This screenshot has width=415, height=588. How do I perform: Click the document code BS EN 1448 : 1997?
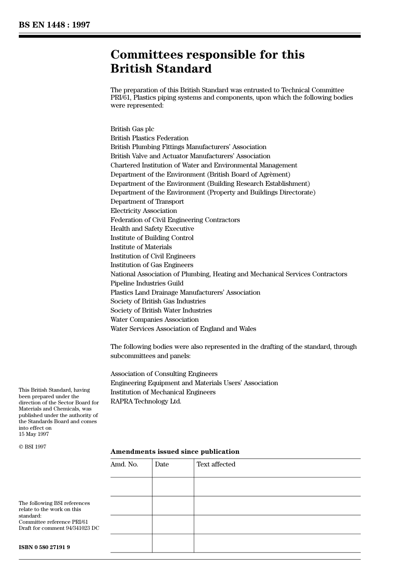[54, 25]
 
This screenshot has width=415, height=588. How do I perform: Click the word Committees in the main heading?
[146, 55]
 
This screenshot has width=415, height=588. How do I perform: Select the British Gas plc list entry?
[132, 129]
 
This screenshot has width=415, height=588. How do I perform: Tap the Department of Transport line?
[147, 202]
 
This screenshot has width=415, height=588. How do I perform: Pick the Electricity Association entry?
[143, 211]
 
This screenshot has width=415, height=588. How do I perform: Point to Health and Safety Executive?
[152, 229]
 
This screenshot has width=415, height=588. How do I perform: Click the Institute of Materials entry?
[141, 247]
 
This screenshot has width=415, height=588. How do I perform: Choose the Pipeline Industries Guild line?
[147, 283]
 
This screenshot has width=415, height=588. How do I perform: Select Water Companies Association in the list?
[154, 320]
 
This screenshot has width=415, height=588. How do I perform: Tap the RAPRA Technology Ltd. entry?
[145, 401]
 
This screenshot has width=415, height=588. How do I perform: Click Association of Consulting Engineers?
[164, 374]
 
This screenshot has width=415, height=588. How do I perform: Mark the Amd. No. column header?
[124, 464]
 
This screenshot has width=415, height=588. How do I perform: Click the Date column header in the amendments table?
[162, 464]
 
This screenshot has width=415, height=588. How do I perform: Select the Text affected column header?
[216, 464]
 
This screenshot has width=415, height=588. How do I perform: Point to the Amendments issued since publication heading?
[175, 452]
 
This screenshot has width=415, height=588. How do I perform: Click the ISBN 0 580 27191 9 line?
[44, 547]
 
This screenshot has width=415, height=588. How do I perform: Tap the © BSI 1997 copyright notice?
[32, 447]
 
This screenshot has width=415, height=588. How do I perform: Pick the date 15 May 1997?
[34, 434]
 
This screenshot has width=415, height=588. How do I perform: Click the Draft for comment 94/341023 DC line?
[59, 528]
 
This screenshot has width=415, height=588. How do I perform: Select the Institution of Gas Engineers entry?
[152, 265]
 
